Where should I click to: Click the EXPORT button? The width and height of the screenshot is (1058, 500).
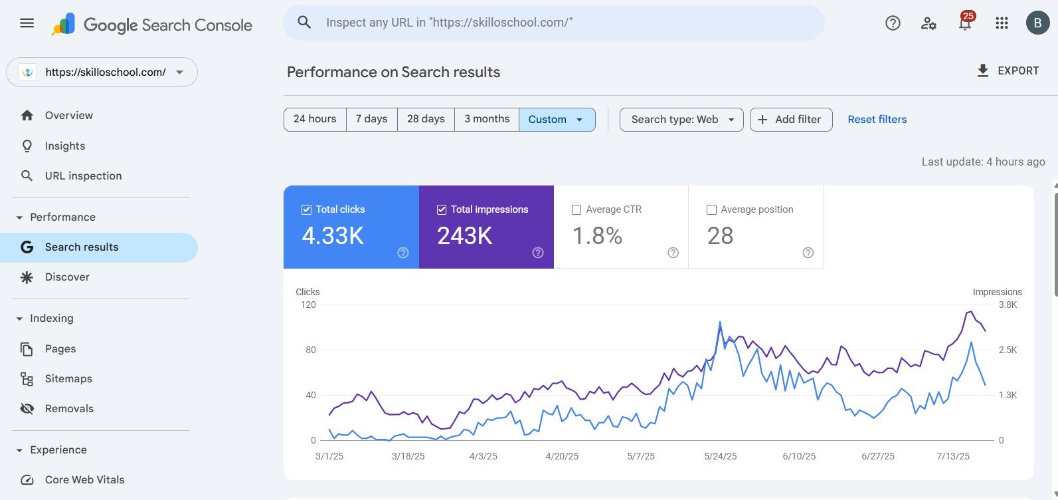click(x=1008, y=71)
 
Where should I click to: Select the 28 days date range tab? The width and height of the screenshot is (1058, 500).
click(x=426, y=120)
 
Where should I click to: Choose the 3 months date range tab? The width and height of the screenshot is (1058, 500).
click(x=487, y=120)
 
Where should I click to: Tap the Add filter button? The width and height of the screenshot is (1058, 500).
click(x=790, y=120)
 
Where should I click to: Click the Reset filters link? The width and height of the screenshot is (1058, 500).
click(x=877, y=120)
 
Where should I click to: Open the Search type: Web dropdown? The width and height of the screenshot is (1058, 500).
click(x=681, y=120)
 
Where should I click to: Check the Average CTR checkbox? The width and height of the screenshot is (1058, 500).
click(x=576, y=209)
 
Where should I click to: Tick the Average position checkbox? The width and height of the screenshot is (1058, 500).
click(x=711, y=209)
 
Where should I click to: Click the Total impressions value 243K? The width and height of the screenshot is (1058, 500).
click(x=465, y=236)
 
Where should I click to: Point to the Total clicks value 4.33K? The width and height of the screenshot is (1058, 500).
click(x=333, y=236)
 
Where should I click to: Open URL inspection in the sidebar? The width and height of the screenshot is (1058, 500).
click(x=83, y=176)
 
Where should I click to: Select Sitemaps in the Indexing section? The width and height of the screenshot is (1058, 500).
click(x=68, y=379)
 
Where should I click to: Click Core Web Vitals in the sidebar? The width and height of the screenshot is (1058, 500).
click(x=84, y=480)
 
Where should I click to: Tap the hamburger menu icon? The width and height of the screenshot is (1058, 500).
click(x=27, y=23)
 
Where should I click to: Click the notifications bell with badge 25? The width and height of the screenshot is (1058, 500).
click(x=965, y=23)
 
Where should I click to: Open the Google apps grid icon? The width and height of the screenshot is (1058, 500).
click(x=1002, y=23)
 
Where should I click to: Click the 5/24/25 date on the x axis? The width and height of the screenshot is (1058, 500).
click(x=721, y=457)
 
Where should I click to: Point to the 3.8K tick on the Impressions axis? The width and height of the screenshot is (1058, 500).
click(x=1008, y=305)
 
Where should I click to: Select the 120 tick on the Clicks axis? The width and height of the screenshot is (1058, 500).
click(x=308, y=305)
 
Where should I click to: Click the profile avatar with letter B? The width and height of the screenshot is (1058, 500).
click(x=1037, y=23)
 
